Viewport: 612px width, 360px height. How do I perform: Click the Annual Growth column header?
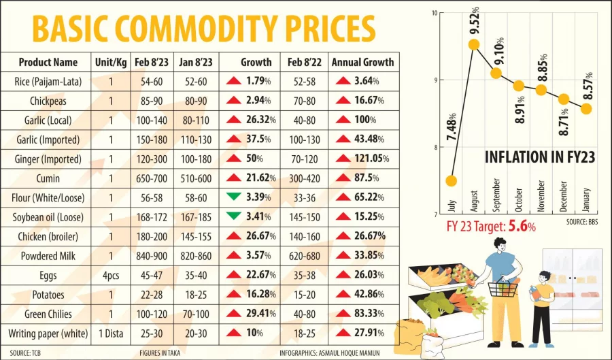pyautogui.click(x=362, y=62)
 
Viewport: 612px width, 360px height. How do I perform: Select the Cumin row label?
pyautogui.click(x=48, y=178)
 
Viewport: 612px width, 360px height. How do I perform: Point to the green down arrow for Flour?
pyautogui.click(x=234, y=197)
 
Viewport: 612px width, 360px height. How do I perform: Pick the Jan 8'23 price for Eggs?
pyautogui.click(x=195, y=276)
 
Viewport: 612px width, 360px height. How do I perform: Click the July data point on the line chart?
pyautogui.click(x=451, y=181)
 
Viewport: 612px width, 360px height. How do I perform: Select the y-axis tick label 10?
pyautogui.click(x=433, y=13)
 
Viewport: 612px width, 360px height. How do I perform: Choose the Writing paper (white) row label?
pyautogui.click(x=48, y=333)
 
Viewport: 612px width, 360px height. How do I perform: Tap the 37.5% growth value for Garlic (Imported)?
pyautogui.click(x=258, y=140)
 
